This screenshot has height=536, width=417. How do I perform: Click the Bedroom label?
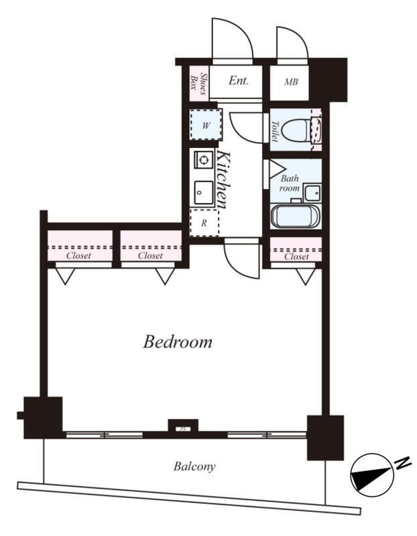178,342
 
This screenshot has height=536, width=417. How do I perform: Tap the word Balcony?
194,466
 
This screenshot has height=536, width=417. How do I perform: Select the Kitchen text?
224,180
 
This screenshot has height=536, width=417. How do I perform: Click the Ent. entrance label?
239,80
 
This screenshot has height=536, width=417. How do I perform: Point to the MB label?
291,82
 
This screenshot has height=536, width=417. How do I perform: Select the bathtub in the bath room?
295,216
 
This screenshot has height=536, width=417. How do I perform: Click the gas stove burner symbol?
203,159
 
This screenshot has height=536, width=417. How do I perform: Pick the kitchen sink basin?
203,193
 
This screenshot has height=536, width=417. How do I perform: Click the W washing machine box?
206,125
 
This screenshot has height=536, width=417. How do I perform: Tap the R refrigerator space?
204,223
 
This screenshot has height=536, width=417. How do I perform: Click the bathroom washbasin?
312,193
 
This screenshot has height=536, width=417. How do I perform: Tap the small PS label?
182,428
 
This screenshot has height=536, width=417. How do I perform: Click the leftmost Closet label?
78,255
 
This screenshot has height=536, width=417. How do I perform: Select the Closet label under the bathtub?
296,257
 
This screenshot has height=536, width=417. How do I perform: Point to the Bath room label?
290,183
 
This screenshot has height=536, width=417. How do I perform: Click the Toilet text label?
275,131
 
